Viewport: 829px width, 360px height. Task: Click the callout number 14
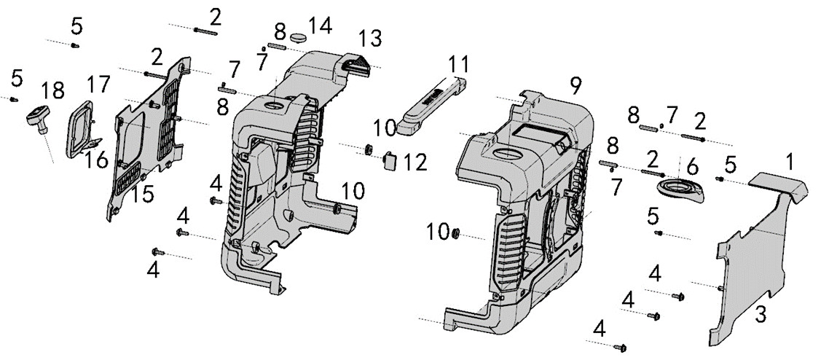(x=320, y=26)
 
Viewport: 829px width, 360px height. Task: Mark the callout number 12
(x=415, y=162)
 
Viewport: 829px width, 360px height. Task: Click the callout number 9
(x=575, y=85)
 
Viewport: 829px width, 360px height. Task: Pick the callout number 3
(x=760, y=315)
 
